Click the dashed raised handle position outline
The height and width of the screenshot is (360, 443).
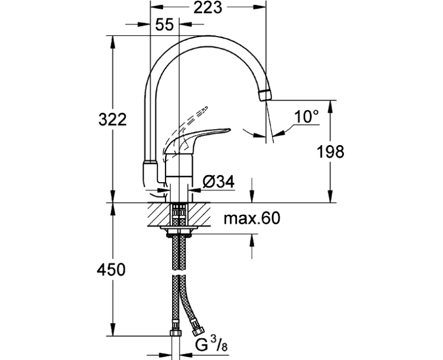[191, 117]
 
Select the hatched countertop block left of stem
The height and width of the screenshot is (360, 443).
[159, 213]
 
